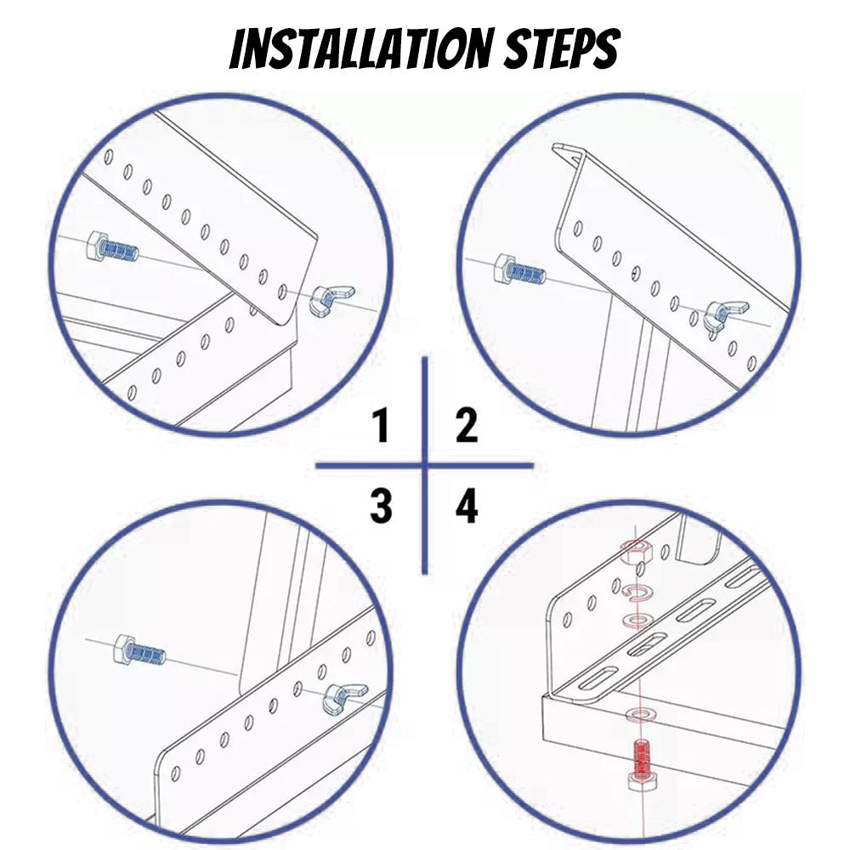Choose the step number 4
tap(467, 507)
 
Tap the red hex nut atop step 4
tap(634, 554)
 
